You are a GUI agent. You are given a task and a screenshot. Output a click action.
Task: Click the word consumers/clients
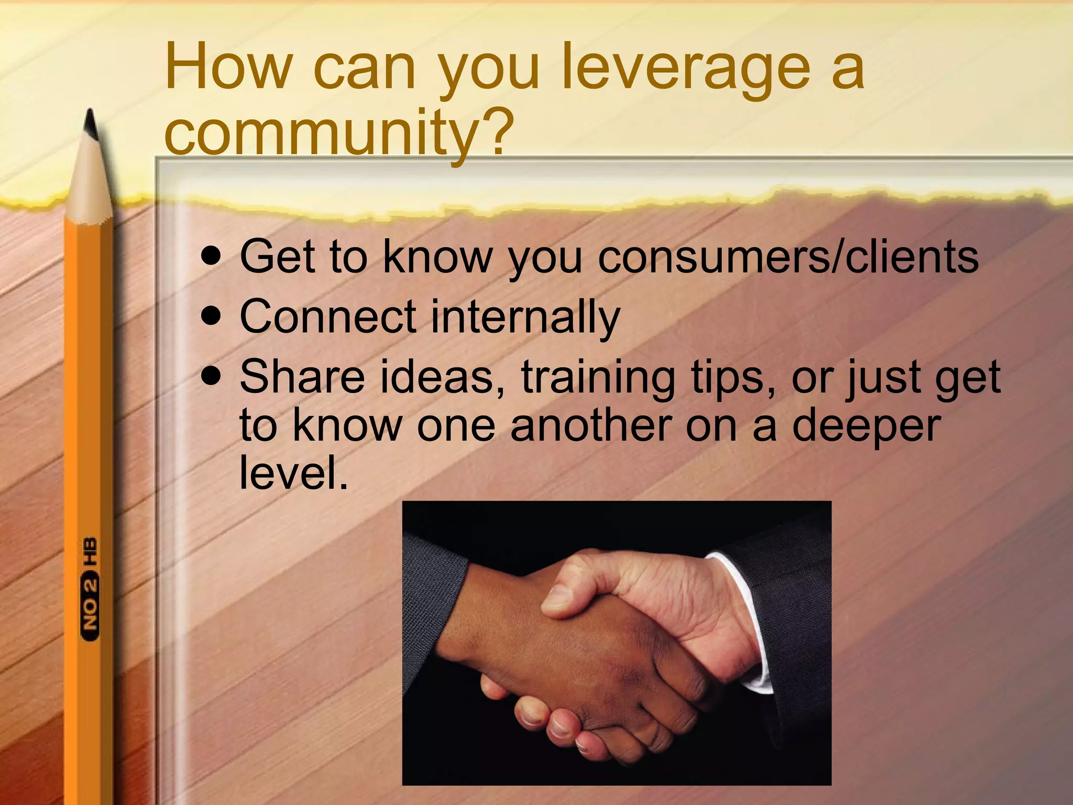coord(788,257)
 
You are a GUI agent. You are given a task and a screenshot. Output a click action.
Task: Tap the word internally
coord(525,318)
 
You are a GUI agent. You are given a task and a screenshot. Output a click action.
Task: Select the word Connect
coord(328,317)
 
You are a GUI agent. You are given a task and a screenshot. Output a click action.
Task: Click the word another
coord(591,426)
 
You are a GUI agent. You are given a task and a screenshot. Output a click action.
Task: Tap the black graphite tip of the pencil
coord(91,123)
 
